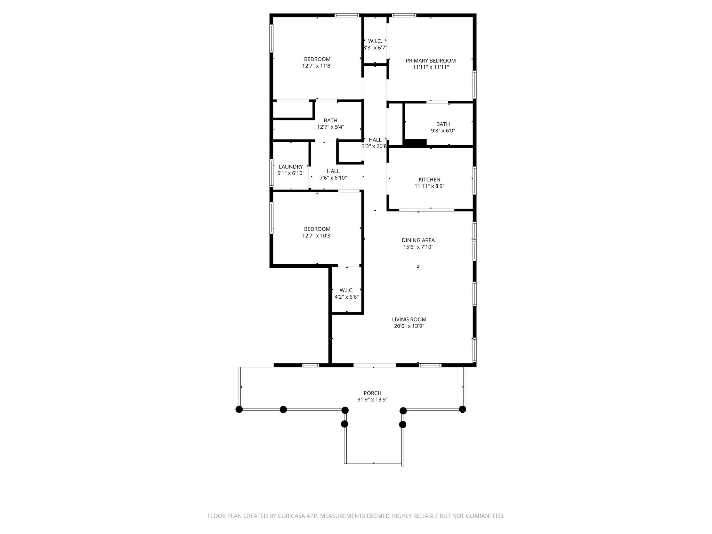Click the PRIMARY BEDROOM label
click(430, 60)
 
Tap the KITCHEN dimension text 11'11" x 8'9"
click(429, 186)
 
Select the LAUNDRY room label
click(291, 167)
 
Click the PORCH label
click(372, 393)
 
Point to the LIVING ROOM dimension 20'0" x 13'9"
click(409, 326)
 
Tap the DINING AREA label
click(418, 240)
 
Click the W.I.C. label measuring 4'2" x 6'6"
click(346, 290)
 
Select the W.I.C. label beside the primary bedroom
click(375, 41)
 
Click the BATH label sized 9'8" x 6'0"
click(443, 124)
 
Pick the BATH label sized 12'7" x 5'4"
click(330, 121)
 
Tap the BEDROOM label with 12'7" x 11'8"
click(317, 59)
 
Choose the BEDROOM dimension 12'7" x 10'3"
click(317, 235)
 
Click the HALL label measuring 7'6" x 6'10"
click(333, 171)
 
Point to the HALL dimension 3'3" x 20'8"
click(374, 146)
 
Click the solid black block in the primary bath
click(415, 143)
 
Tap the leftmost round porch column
click(239, 409)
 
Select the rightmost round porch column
click(462, 409)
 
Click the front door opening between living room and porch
click(374, 365)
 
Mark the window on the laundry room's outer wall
click(272, 173)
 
